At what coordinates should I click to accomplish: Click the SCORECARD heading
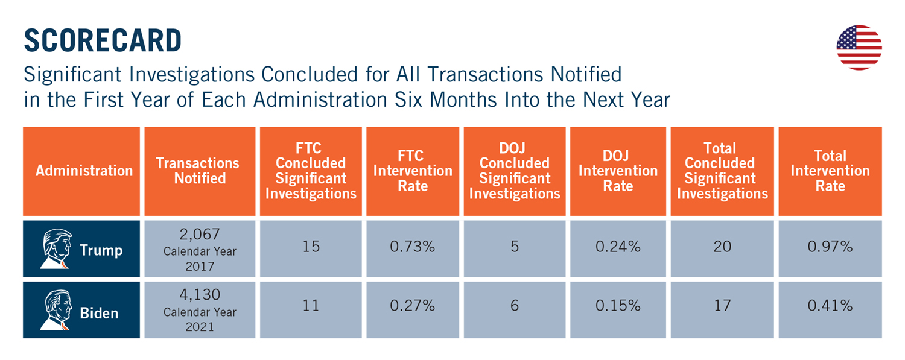click(x=103, y=40)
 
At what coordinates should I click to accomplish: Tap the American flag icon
click(x=859, y=47)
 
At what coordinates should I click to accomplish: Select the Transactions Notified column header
click(x=200, y=171)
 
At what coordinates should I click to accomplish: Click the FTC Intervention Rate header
click(x=413, y=171)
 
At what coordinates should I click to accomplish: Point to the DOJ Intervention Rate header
click(x=618, y=171)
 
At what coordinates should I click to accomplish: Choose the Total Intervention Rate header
click(x=830, y=171)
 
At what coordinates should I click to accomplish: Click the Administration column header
click(x=84, y=171)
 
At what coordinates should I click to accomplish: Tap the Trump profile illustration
click(x=57, y=248)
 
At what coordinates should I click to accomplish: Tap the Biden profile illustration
click(x=57, y=310)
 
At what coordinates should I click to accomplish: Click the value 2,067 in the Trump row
click(x=200, y=234)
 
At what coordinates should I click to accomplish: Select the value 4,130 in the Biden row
click(x=200, y=295)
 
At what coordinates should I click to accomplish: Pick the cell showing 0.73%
click(x=413, y=247)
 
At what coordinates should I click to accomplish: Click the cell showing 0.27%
click(x=413, y=306)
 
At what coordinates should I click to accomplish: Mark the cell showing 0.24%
click(x=618, y=247)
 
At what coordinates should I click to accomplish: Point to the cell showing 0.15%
click(x=618, y=306)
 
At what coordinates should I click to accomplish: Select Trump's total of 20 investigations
click(x=722, y=247)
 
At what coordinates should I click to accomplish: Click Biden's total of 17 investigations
click(x=722, y=306)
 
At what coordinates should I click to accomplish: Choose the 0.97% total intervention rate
click(x=830, y=247)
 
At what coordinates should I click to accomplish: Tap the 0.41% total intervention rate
click(x=830, y=306)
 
